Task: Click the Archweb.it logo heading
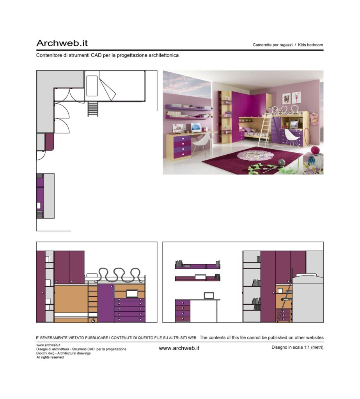coord(62,43)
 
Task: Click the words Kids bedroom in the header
coord(310,45)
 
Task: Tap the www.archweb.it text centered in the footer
coord(179,348)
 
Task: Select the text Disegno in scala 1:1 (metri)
coord(297,347)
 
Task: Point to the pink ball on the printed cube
coord(315,150)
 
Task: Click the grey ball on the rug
coord(282,162)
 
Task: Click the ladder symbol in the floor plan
coord(93,109)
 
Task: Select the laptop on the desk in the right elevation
coord(209,295)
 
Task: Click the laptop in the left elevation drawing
coord(132,294)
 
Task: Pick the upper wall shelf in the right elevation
coord(197,265)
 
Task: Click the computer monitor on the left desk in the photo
coord(196,127)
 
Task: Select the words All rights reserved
coord(50,357)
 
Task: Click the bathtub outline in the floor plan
coord(92,86)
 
